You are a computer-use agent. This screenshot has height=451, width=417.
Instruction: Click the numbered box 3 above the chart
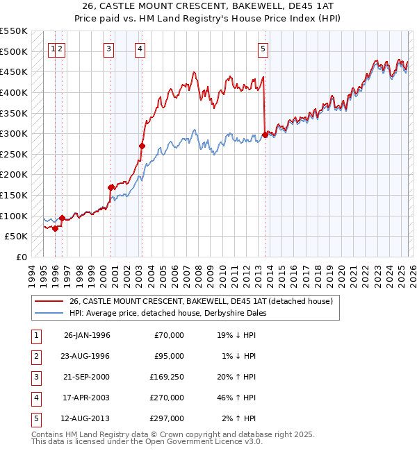109,49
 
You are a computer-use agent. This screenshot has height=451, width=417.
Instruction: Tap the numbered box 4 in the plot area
140,49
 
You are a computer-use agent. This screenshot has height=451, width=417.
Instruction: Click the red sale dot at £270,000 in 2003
142,146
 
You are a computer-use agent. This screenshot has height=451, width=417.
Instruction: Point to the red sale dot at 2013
265,135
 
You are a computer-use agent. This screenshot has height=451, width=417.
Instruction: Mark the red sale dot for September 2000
111,187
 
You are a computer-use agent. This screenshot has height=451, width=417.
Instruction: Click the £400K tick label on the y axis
14,92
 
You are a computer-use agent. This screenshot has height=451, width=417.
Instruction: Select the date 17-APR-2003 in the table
87,398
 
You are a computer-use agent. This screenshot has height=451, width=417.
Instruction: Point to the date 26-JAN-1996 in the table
87,335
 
